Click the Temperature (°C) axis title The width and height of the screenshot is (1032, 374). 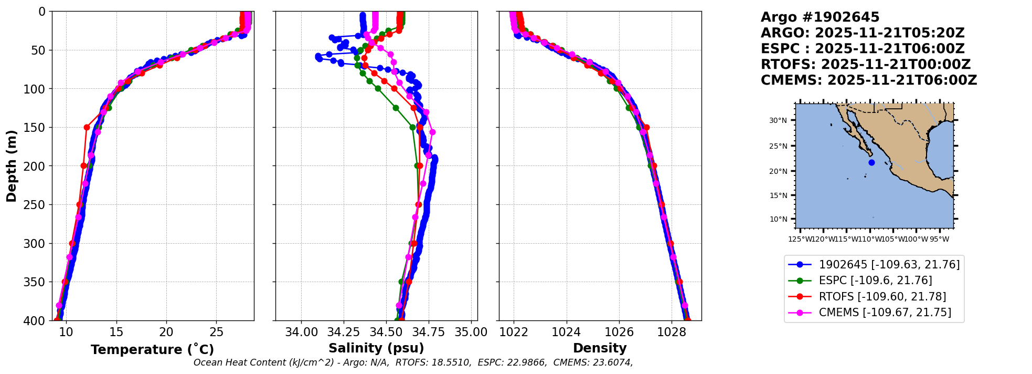pos(152,350)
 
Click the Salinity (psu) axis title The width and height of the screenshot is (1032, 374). pos(376,348)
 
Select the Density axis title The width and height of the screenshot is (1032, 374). pos(600,348)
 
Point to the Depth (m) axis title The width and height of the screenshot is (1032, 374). pos(12,166)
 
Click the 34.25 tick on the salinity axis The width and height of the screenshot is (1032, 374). pos(344,333)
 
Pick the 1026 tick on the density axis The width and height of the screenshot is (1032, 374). pos(619,333)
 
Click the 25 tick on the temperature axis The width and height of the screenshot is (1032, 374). pos(216,333)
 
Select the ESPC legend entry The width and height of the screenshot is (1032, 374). pos(875,280)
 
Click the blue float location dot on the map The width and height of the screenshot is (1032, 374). pos(871,163)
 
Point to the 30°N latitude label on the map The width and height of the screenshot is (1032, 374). pos(778,121)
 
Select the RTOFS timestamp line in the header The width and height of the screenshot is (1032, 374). pos(866,65)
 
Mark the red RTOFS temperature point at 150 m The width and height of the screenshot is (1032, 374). pos(87,127)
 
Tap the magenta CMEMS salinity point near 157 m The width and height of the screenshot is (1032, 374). pos(432,132)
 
